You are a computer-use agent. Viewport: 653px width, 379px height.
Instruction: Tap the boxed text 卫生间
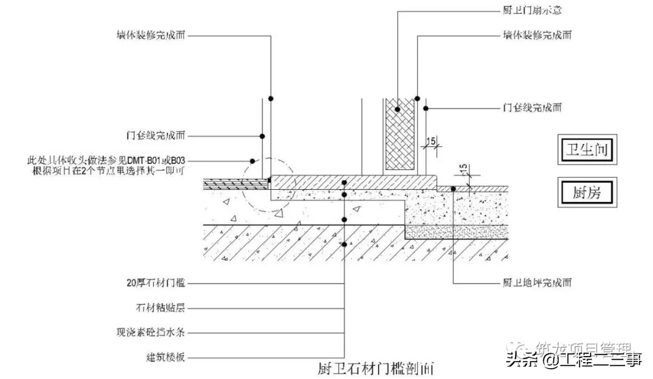click(x=587, y=148)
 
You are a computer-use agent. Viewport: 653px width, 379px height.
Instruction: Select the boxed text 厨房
click(x=586, y=193)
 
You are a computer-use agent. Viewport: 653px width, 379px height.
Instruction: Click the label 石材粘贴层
click(x=159, y=308)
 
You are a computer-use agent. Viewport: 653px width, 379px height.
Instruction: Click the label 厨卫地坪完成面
click(x=537, y=282)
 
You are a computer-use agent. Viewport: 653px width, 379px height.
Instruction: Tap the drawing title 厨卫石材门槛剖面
click(x=375, y=368)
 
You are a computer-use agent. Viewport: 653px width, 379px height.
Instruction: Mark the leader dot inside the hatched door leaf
click(x=398, y=109)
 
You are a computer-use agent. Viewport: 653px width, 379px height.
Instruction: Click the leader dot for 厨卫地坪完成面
click(x=453, y=189)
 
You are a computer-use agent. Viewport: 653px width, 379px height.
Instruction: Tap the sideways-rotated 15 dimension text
click(x=464, y=172)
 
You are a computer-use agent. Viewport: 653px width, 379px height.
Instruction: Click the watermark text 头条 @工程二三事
click(x=574, y=361)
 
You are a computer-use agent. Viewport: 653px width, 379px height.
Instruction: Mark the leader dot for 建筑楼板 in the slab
click(x=344, y=245)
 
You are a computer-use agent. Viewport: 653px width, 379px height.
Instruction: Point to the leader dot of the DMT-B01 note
click(x=252, y=161)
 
